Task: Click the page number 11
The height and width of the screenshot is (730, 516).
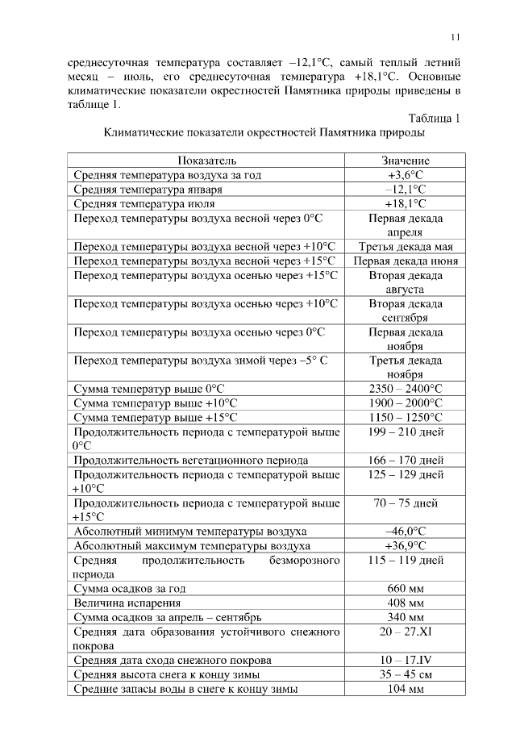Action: [x=456, y=36]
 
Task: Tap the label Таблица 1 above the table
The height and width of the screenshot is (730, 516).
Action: [x=435, y=118]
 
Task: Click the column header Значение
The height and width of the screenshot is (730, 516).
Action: [x=406, y=161]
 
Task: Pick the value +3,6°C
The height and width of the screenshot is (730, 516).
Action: [x=406, y=175]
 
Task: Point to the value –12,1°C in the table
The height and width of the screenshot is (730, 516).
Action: [x=406, y=190]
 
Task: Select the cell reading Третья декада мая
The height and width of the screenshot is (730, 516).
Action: [x=406, y=247]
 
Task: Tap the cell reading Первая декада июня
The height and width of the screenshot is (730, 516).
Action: [x=406, y=261]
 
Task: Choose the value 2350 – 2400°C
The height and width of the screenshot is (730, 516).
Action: [x=406, y=389]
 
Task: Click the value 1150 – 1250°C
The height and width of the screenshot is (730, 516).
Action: [x=406, y=417]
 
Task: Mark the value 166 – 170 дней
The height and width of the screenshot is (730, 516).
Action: [x=406, y=461]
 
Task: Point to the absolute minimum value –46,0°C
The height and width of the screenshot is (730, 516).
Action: [x=406, y=532]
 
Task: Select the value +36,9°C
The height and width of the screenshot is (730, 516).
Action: [x=406, y=546]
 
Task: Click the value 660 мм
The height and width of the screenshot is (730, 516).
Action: [x=406, y=589]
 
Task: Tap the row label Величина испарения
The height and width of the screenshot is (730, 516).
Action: [x=127, y=603]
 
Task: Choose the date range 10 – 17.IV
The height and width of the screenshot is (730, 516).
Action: [x=406, y=661]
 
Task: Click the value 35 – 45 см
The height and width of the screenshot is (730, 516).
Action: [x=406, y=675]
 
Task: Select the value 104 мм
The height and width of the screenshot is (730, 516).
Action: [x=406, y=690]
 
